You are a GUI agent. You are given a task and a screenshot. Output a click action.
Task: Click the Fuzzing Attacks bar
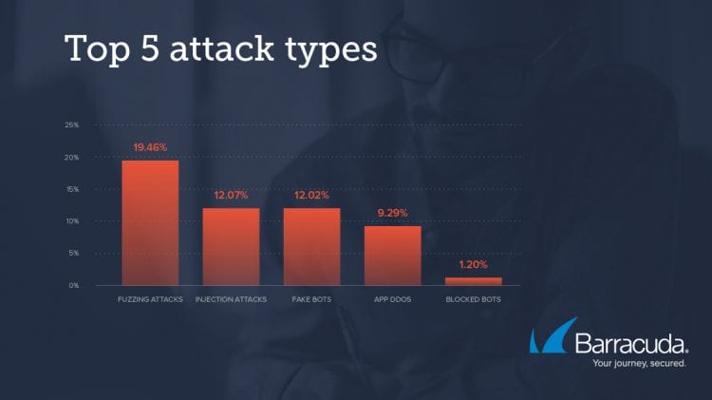tap(150, 222)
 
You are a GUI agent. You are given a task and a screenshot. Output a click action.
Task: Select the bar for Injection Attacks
tap(231, 247)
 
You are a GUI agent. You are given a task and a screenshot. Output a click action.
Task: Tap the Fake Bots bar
tap(312, 247)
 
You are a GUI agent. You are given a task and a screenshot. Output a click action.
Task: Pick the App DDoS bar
tap(393, 256)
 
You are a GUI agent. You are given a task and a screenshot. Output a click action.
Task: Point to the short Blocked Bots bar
tap(474, 281)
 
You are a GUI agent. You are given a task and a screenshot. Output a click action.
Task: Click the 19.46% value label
tap(150, 147)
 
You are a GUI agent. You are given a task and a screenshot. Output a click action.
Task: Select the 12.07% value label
tap(231, 196)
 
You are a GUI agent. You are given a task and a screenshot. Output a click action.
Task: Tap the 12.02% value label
tap(312, 196)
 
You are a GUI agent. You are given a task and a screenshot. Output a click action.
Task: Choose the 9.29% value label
tap(393, 213)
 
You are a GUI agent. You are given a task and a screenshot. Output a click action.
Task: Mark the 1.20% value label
tap(473, 264)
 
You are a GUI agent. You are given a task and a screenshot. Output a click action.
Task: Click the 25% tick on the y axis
tap(72, 125)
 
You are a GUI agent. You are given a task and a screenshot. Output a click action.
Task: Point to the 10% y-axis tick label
tap(72, 221)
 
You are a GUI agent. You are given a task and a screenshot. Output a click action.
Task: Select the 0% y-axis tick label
tap(74, 285)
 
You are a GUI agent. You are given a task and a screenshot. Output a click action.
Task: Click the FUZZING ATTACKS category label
tap(150, 299)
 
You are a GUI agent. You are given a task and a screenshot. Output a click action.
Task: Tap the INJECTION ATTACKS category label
tap(231, 299)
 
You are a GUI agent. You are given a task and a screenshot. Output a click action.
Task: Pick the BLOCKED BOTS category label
tap(473, 299)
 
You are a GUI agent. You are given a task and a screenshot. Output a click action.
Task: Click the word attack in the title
tap(222, 48)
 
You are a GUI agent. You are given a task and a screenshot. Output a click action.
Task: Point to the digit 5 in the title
tap(150, 48)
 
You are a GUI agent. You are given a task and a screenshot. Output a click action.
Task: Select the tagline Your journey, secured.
tap(639, 364)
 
